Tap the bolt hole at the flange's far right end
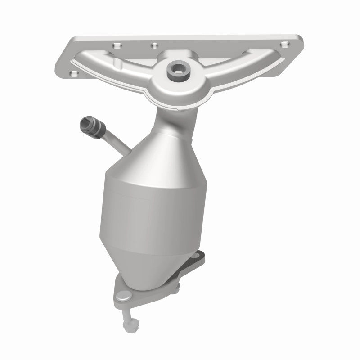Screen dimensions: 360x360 [x=284, y=44]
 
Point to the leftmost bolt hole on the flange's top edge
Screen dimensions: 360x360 [x=116, y=45]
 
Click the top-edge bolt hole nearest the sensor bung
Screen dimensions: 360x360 [x=154, y=45]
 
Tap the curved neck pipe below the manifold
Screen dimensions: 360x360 [x=171, y=112]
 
